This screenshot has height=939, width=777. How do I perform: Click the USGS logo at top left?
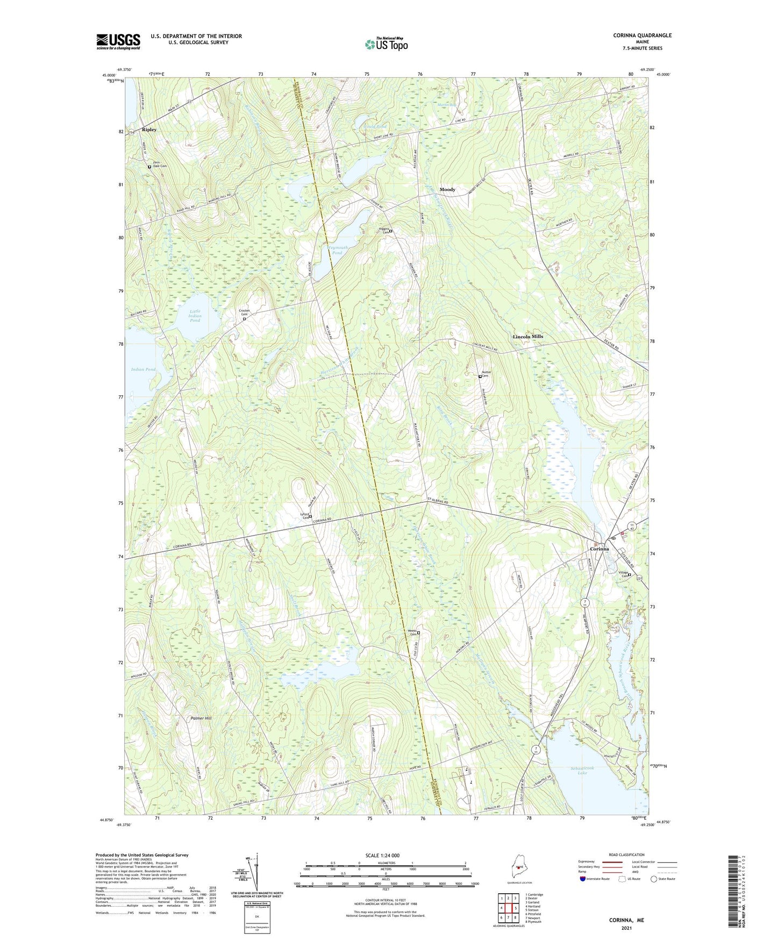[x=118, y=41]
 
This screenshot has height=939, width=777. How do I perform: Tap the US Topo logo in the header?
[x=386, y=44]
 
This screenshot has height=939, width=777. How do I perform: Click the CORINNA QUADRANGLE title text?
[x=642, y=35]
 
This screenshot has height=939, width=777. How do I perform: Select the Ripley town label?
[x=149, y=130]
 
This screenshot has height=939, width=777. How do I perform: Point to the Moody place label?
[x=447, y=189]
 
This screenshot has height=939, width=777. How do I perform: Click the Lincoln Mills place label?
[x=527, y=337]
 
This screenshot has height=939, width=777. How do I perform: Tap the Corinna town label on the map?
[x=599, y=549]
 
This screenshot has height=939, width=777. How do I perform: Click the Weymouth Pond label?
[x=337, y=250]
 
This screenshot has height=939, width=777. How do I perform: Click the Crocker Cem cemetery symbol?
[x=244, y=319]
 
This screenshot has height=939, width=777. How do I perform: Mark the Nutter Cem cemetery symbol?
[x=480, y=376]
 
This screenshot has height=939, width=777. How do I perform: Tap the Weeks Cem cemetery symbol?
[x=419, y=633]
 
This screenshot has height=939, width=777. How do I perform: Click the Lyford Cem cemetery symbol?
[x=310, y=516]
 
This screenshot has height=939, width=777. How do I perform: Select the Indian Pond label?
[x=144, y=369]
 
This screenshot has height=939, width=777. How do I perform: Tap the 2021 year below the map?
[x=626, y=928]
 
